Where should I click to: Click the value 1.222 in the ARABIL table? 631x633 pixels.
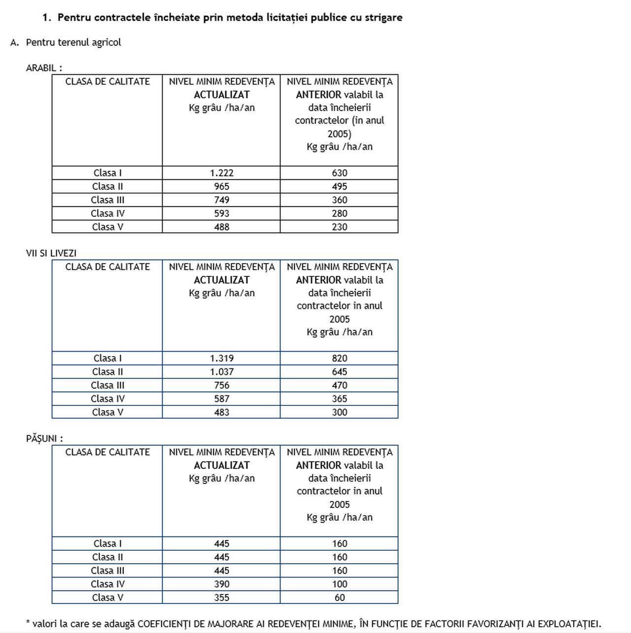pyautogui.click(x=221, y=173)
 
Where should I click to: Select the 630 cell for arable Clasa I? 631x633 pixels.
pyautogui.click(x=339, y=173)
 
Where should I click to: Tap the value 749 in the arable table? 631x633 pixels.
pyautogui.click(x=221, y=200)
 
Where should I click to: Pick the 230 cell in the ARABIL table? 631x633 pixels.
pyautogui.click(x=339, y=227)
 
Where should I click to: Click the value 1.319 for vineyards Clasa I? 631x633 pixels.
pyautogui.click(x=221, y=358)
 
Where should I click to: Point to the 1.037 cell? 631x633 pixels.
pyautogui.click(x=221, y=372)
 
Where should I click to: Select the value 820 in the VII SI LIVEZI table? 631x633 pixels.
pyautogui.click(x=339, y=358)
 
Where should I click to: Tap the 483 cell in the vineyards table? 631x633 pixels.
pyautogui.click(x=221, y=412)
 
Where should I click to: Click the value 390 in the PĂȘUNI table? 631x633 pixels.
pyautogui.click(x=221, y=584)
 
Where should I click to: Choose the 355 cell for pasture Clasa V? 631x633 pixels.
pyautogui.click(x=221, y=598)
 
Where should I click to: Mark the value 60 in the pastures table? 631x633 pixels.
pyautogui.click(x=339, y=598)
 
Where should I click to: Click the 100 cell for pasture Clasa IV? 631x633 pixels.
pyautogui.click(x=339, y=584)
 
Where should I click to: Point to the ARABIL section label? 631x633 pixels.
pyautogui.click(x=43, y=68)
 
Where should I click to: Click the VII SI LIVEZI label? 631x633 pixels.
pyautogui.click(x=51, y=253)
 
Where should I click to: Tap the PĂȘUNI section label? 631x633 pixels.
pyautogui.click(x=44, y=438)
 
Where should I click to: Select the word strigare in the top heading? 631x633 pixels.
pyautogui.click(x=383, y=18)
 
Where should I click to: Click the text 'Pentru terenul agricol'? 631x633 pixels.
pyautogui.click(x=73, y=42)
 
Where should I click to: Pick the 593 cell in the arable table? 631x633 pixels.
pyautogui.click(x=221, y=213)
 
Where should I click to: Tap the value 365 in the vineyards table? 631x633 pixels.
pyautogui.click(x=339, y=399)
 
